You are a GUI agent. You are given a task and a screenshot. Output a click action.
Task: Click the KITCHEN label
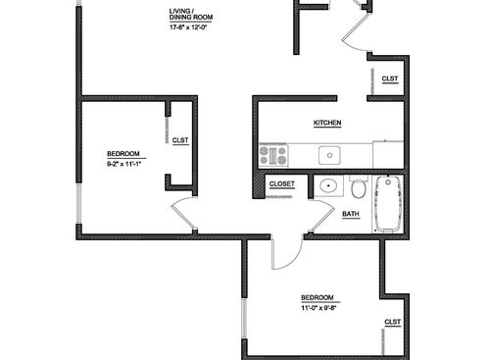pyautogui.click(x=327, y=123)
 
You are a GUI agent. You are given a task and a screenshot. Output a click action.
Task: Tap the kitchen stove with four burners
pyautogui.click(x=272, y=155)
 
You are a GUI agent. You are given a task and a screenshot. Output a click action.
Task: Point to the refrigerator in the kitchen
pyautogui.click(x=388, y=155)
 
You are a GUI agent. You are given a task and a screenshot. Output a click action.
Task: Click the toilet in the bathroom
pyautogui.click(x=360, y=186)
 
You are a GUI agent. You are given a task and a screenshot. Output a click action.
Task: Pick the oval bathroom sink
pyautogui.click(x=326, y=186)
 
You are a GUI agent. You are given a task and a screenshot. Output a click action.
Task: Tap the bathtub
pyautogui.click(x=389, y=203)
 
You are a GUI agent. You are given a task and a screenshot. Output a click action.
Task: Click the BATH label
pyautogui.click(x=350, y=214)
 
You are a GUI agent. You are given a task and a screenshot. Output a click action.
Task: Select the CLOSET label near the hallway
pyautogui.click(x=282, y=183)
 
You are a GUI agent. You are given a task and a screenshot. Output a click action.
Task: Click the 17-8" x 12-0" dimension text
pyautogui.click(x=189, y=26)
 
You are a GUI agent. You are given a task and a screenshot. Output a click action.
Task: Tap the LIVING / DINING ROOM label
pyautogui.click(x=190, y=15)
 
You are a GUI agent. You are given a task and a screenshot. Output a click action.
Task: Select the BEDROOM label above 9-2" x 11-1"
pyautogui.click(x=123, y=153)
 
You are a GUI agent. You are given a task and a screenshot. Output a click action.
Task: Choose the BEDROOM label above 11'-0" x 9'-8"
pyautogui.click(x=318, y=297)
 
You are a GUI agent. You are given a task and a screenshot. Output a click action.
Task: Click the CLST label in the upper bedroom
pyautogui.click(x=180, y=140)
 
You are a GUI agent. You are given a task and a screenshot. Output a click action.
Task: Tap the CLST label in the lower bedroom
pyautogui.click(x=392, y=322)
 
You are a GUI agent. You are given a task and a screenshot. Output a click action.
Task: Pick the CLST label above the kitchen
pyautogui.click(x=389, y=78)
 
